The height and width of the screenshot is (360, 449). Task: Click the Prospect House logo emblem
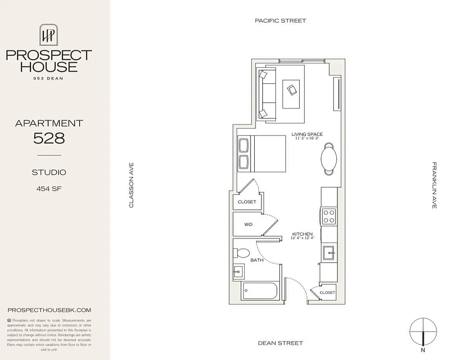(x=49, y=35)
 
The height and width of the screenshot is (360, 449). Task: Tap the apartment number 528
(x=49, y=138)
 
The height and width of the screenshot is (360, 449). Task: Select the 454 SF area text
(x=49, y=189)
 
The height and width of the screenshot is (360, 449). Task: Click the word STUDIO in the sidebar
(x=49, y=172)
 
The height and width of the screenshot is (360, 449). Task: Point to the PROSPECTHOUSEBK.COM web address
(x=49, y=310)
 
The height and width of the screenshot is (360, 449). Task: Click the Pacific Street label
(x=280, y=21)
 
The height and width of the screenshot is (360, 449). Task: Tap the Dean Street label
(x=280, y=343)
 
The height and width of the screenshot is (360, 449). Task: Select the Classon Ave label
(x=131, y=185)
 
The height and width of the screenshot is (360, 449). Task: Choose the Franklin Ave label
(x=434, y=185)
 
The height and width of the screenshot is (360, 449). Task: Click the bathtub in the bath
(x=260, y=291)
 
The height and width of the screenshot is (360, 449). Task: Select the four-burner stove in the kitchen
(x=329, y=216)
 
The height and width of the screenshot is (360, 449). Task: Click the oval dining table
(x=329, y=158)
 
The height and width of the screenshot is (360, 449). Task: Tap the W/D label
(x=248, y=224)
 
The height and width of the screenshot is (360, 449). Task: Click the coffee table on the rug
(x=291, y=93)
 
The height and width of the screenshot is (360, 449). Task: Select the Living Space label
(x=307, y=134)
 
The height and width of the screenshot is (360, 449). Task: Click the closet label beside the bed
(x=247, y=202)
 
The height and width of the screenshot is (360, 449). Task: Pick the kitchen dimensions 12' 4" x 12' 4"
(x=303, y=238)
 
